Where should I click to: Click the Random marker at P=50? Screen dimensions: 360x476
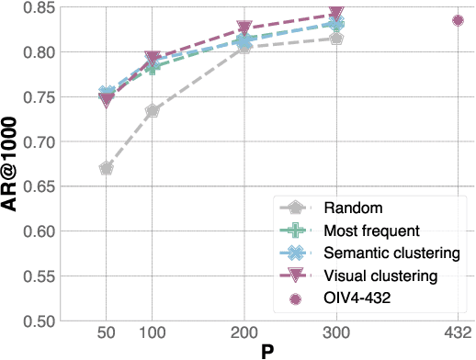(x=107, y=168)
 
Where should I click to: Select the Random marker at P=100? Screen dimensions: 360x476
(x=153, y=111)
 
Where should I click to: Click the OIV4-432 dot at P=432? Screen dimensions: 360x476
(x=458, y=20)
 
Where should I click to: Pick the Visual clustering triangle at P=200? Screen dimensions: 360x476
(x=244, y=28)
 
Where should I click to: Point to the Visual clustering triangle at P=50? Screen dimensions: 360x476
(x=107, y=100)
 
